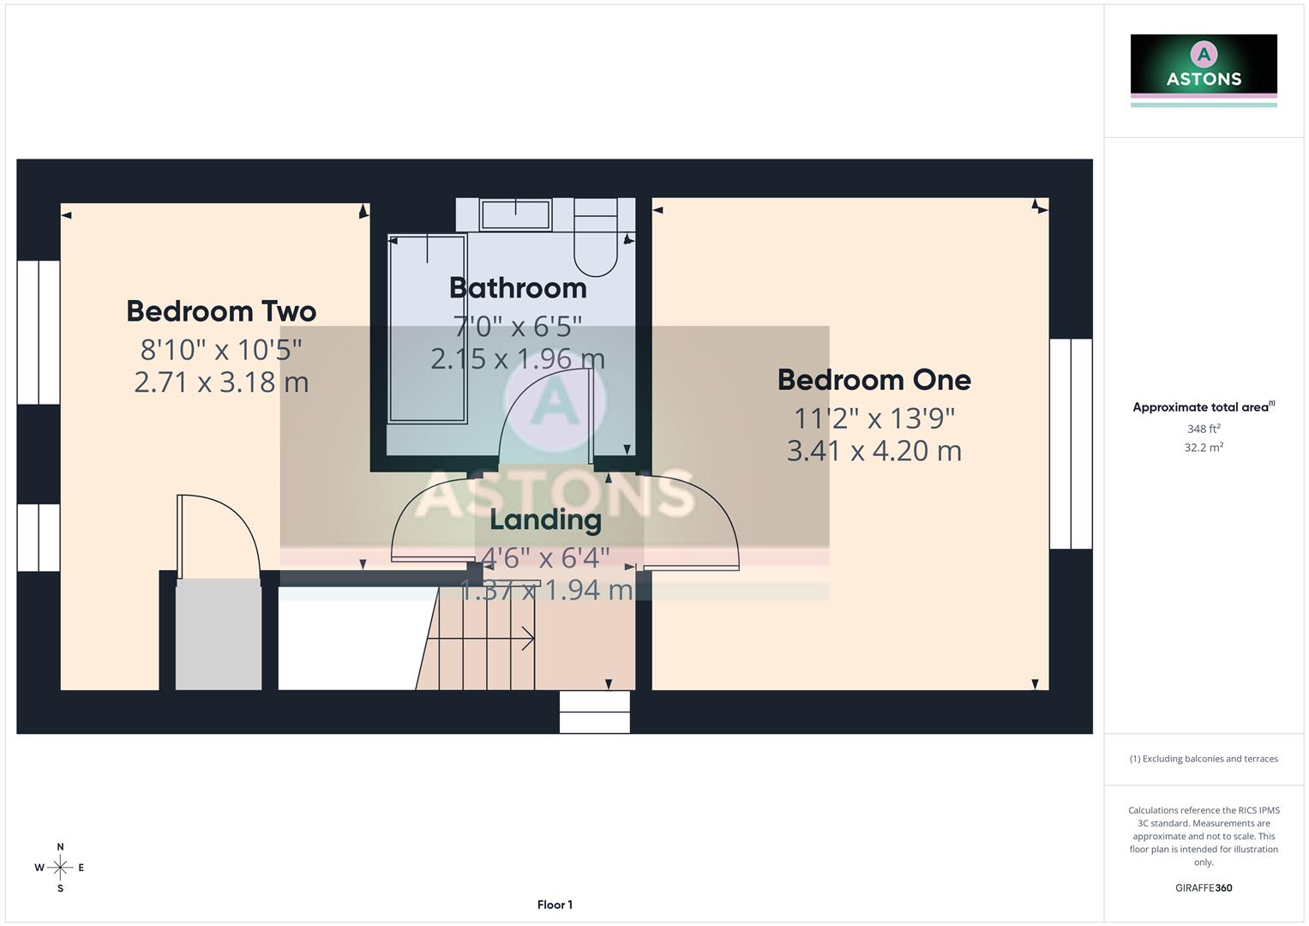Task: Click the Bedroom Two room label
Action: (221, 311)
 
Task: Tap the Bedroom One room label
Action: (874, 380)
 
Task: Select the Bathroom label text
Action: (518, 288)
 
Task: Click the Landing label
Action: (545, 520)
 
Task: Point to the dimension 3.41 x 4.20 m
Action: (874, 451)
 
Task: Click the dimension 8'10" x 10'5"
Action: (221, 350)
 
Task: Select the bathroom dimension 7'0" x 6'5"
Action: (518, 327)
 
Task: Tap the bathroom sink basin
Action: (515, 214)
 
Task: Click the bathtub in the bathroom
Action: (428, 329)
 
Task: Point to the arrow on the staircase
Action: (526, 638)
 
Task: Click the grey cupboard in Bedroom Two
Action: (219, 634)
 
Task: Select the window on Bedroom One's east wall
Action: (1071, 443)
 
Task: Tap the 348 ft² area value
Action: (1204, 429)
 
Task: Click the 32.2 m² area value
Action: (1204, 448)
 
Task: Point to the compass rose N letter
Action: (60, 847)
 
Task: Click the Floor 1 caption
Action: (555, 905)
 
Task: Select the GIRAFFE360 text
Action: (1204, 888)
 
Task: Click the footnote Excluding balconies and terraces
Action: (1204, 759)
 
